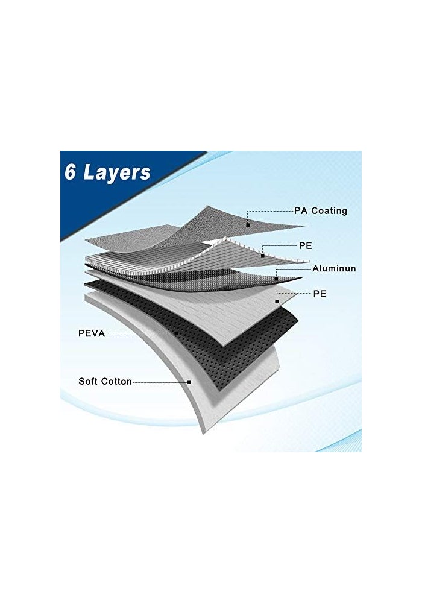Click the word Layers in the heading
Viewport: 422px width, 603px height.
pyautogui.click(x=117, y=173)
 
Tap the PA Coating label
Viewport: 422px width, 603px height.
pyautogui.click(x=321, y=210)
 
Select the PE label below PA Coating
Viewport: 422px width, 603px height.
pyautogui.click(x=306, y=245)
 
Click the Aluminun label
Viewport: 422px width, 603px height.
pyautogui.click(x=334, y=268)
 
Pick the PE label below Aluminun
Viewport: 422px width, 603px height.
pyautogui.click(x=320, y=294)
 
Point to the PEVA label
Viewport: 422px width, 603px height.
pyautogui.click(x=92, y=333)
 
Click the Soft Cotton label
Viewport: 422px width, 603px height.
pyautogui.click(x=105, y=382)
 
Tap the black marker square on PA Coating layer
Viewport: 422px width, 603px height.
pyautogui.click(x=248, y=224)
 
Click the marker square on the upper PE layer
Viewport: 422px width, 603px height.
pyautogui.click(x=262, y=256)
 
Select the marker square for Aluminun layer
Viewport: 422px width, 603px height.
pyautogui.click(x=276, y=279)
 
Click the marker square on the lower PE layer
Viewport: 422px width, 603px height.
pyautogui.click(x=276, y=301)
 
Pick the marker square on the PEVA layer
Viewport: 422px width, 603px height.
pyautogui.click(x=176, y=334)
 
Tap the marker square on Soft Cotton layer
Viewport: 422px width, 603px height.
pyautogui.click(x=189, y=382)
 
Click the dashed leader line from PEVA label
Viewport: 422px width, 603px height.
pyautogui.click(x=140, y=333)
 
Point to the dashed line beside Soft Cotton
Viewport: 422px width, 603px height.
pyautogui.click(x=160, y=382)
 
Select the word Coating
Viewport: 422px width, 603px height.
pyautogui.click(x=329, y=211)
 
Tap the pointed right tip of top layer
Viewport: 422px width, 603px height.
pyautogui.click(x=309, y=226)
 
